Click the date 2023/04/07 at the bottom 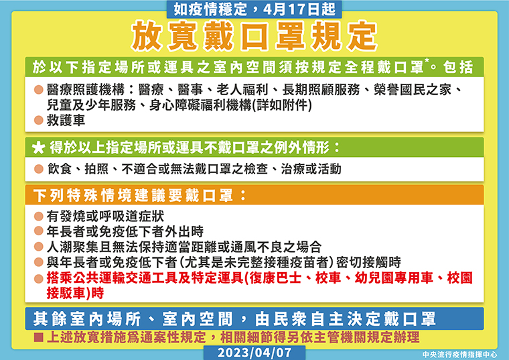[254, 353]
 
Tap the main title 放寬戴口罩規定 [254, 36]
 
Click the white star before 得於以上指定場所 [39, 148]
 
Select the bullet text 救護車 [66, 120]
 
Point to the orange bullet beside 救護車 [39, 120]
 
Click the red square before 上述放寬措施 [39, 337]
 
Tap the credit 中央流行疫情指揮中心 [459, 355]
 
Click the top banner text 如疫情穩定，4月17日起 [254, 9]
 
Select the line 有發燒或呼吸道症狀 [106, 216]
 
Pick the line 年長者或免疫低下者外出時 [125, 231]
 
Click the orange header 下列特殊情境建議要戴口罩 [139, 195]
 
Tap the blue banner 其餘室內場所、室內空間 [234, 318]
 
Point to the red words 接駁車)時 [75, 293]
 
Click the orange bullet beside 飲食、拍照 [39, 169]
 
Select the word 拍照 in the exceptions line [96, 169]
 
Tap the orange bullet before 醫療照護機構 [39, 90]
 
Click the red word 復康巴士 [275, 278]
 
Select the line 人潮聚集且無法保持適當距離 [184, 247]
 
